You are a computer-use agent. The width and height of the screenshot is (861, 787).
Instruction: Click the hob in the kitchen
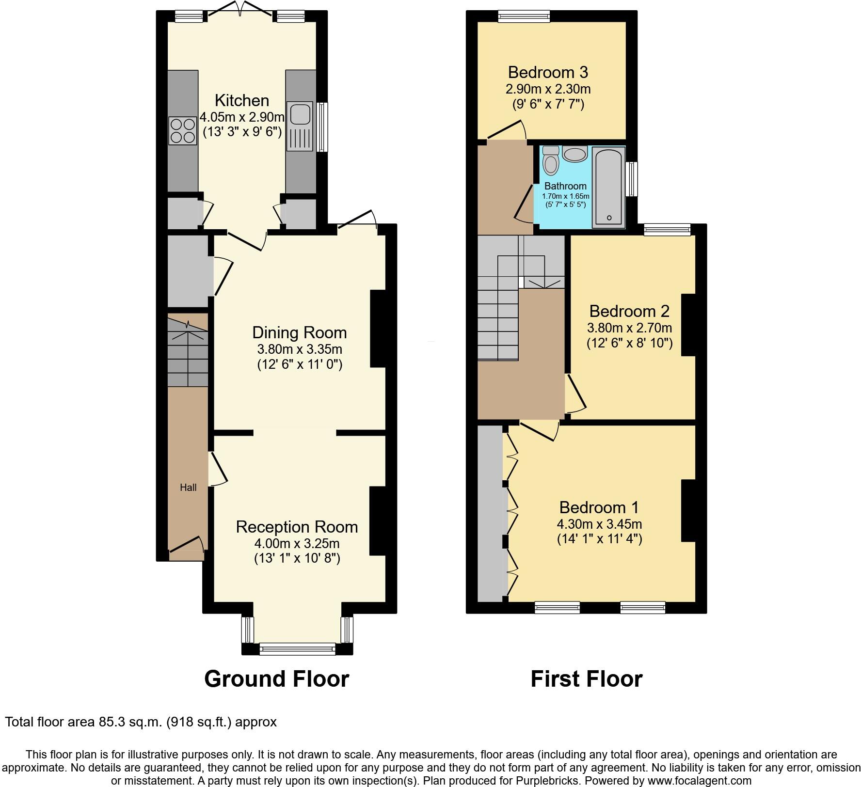click(x=183, y=131)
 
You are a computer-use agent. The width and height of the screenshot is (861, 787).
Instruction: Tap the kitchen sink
click(x=299, y=113)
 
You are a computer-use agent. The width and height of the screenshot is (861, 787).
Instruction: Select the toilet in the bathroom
click(x=551, y=161)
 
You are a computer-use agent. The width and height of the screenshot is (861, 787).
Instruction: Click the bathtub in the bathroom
click(x=608, y=187)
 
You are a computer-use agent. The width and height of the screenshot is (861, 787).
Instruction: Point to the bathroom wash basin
click(x=575, y=155)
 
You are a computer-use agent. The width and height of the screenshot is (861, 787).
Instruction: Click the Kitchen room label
click(x=241, y=100)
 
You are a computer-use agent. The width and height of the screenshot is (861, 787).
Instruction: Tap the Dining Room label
click(x=299, y=332)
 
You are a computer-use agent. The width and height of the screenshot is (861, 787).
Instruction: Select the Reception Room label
click(x=297, y=527)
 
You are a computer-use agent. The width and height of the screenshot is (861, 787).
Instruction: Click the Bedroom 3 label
click(x=548, y=72)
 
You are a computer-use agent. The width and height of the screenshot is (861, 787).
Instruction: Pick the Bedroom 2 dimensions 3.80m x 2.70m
click(x=629, y=328)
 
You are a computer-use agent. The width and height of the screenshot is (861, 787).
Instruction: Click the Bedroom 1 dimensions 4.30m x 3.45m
click(x=599, y=524)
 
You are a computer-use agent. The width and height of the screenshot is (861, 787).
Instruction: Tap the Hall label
click(x=188, y=488)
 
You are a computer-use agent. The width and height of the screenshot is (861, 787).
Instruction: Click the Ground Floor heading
click(x=276, y=679)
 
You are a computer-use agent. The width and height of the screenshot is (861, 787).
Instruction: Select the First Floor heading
click(x=586, y=679)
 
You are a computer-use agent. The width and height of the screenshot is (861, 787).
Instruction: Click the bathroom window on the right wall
click(x=632, y=179)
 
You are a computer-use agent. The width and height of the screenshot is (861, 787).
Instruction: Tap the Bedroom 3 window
click(x=524, y=17)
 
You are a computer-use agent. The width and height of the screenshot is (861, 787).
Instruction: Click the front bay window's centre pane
click(x=297, y=648)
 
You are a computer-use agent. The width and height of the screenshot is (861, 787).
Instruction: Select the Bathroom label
click(x=565, y=186)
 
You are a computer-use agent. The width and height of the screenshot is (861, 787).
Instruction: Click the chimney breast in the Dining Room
click(x=378, y=329)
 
